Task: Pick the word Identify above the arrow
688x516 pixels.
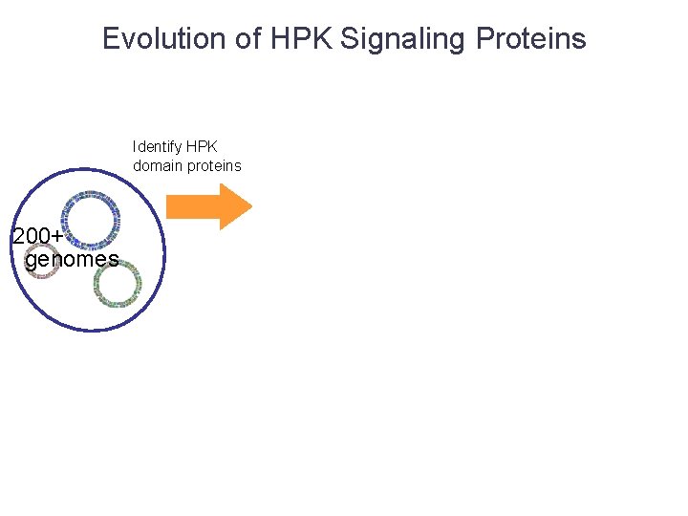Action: (157, 147)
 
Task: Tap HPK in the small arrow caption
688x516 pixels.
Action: (202, 147)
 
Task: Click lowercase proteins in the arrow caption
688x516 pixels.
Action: (215, 165)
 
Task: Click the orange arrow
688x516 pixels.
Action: (205, 206)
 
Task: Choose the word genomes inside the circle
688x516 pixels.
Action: (72, 259)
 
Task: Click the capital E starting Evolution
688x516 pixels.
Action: (111, 39)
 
